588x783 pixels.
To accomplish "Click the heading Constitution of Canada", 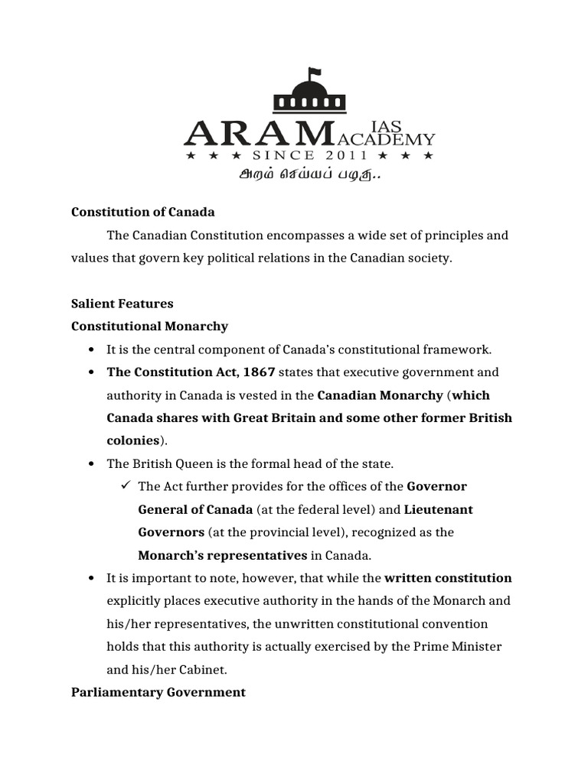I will pos(143,212).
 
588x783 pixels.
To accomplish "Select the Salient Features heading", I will pos(122,304).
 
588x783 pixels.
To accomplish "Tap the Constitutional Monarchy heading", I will pos(149,327).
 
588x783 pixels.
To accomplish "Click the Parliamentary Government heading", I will pos(158,692).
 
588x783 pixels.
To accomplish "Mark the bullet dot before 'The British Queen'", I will pos(91,464).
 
